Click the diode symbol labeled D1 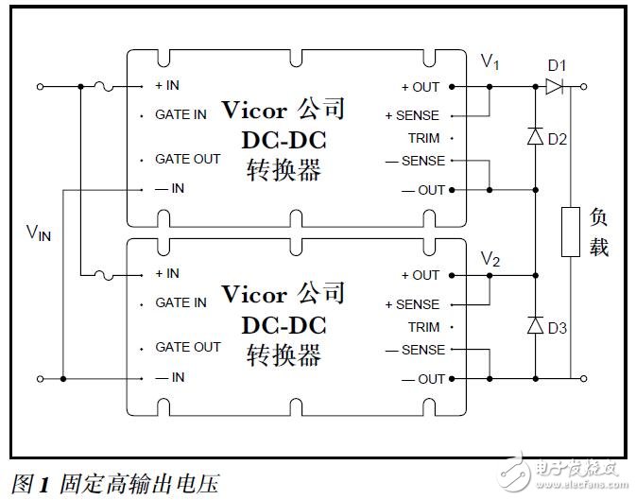pos(553,86)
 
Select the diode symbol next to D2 pos(536,137)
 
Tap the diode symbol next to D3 pos(536,326)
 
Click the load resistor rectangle pos(571,233)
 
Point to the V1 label pos(490,62)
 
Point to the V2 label pos(490,258)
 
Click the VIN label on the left pos(39,233)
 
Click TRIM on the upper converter pos(423,138)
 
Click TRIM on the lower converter pos(423,327)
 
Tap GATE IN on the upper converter pos(180,114)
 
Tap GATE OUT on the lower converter pos(187,348)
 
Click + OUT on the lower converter pos(421,275)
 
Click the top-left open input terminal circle pos(40,86)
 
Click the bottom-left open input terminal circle pos(40,379)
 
